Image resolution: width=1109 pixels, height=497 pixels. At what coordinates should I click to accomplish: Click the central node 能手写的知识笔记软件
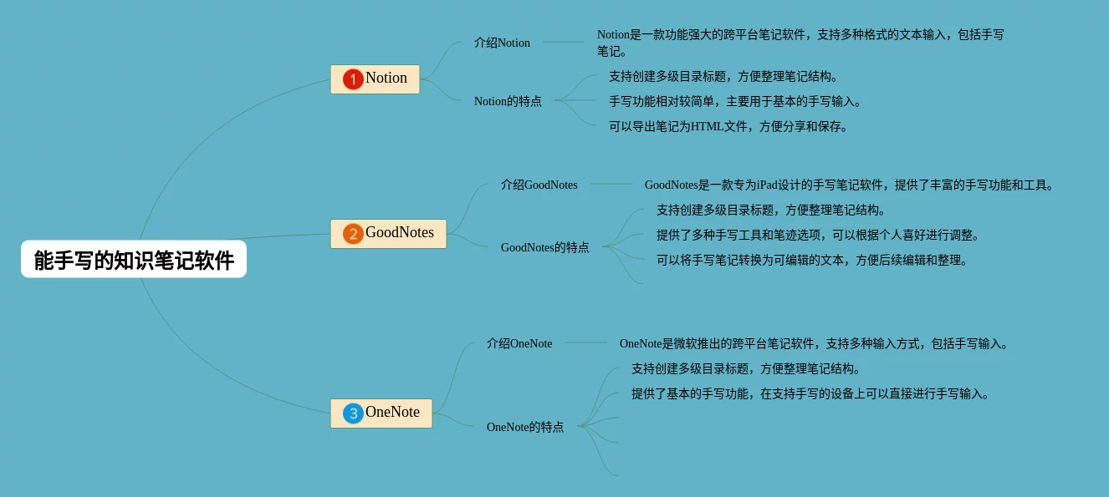coord(134,260)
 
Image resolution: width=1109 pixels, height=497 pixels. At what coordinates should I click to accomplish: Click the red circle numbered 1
coord(353,79)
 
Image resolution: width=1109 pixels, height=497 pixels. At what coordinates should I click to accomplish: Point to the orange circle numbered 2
coord(353,234)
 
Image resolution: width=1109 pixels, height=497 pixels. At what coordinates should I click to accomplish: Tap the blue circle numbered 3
coord(353,413)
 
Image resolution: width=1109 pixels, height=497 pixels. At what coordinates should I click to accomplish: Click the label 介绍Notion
coord(502,43)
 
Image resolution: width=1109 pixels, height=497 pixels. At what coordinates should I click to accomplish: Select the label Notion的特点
coord(508,101)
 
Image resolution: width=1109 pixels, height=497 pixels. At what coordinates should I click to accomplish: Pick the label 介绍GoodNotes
coord(539,185)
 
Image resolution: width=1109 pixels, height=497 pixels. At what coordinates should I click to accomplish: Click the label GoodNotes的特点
coord(544,247)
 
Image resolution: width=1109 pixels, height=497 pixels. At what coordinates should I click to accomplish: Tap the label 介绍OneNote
coord(519,343)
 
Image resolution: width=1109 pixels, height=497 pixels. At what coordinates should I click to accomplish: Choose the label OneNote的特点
coord(524,427)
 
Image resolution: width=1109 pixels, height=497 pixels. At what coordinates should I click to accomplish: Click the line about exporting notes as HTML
coord(728,127)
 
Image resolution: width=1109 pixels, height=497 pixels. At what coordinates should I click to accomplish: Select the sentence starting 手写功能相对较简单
coord(734,102)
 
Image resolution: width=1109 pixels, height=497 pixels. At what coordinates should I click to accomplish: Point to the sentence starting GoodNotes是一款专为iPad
coord(850,185)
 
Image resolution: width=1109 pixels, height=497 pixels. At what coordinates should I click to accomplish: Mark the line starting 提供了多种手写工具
coord(818,236)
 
